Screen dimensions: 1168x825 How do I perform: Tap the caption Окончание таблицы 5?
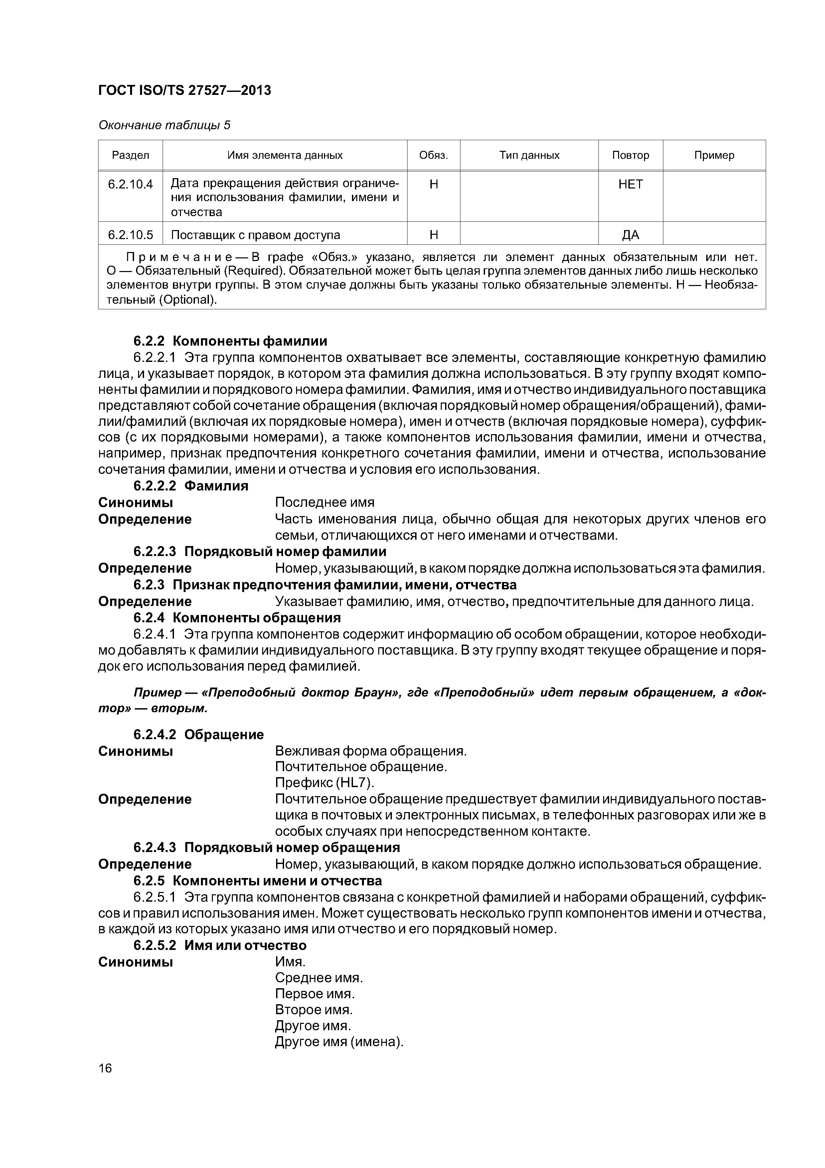tap(164, 125)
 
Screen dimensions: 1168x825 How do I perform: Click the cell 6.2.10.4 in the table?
tap(130, 184)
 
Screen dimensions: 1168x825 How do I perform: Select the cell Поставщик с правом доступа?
tap(255, 235)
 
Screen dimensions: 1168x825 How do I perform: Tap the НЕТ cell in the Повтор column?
tap(630, 184)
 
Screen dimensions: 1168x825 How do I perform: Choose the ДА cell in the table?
tap(630, 235)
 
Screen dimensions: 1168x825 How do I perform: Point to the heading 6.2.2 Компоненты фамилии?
tap(230, 341)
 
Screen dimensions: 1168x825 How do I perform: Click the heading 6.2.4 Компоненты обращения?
tap(237, 618)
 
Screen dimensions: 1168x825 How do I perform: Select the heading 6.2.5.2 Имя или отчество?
tap(220, 945)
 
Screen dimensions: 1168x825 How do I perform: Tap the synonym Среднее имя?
tap(319, 978)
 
